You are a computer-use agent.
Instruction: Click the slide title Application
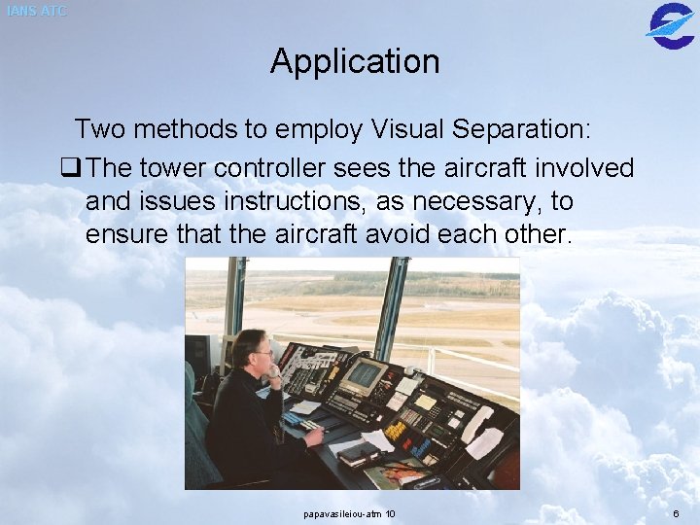click(355, 61)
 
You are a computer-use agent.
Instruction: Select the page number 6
click(675, 513)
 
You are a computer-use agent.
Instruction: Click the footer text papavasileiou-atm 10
click(349, 513)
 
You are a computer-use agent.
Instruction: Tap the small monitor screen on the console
click(366, 374)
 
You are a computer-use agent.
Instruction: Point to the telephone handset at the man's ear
click(273, 370)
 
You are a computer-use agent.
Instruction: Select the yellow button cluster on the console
click(395, 430)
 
